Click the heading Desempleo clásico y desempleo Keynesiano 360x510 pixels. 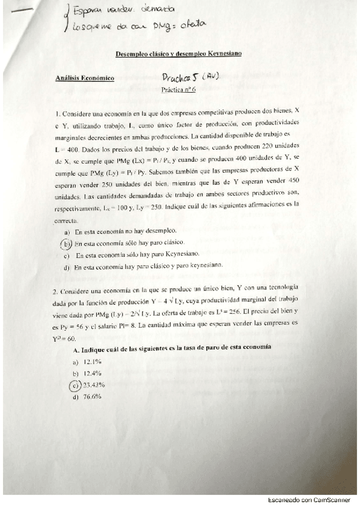point(178,54)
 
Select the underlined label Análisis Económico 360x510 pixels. point(84,78)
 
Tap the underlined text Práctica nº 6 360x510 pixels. point(175,89)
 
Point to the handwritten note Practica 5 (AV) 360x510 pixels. point(191,78)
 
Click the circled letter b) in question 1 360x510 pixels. point(66,244)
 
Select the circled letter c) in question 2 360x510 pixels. point(75,385)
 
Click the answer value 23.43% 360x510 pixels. point(94,385)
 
